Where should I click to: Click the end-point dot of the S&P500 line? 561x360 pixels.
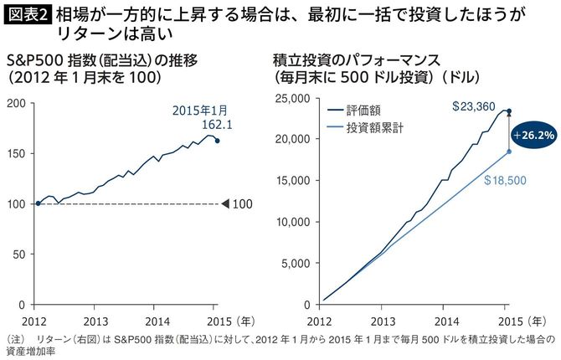pos(218,141)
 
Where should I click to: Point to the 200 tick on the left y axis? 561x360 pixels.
pos(17,105)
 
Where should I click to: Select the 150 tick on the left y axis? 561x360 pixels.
pos(17,154)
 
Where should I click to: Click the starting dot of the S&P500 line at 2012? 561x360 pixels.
pos(38,203)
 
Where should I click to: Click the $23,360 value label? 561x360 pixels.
pos(473,107)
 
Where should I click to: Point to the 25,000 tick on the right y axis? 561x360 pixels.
pos(291,98)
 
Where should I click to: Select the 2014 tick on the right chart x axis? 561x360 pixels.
pos(445,319)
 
